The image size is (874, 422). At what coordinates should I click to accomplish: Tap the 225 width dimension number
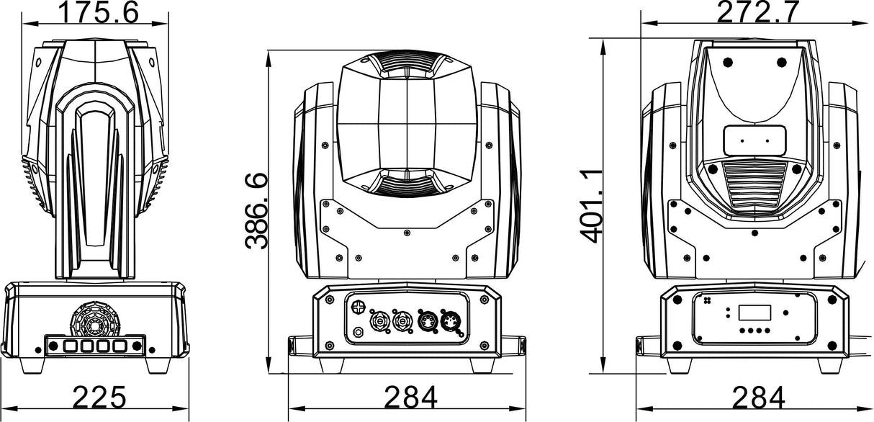click(x=99, y=397)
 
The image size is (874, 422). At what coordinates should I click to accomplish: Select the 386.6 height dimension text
click(x=256, y=211)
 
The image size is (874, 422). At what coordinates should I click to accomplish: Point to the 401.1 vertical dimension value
click(x=591, y=206)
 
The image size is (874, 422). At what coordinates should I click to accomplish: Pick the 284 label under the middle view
click(x=411, y=397)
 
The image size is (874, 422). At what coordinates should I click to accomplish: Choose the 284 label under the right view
click(x=758, y=397)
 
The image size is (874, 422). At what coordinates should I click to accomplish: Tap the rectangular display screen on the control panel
click(x=754, y=313)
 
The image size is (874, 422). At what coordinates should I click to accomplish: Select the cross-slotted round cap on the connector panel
click(x=358, y=307)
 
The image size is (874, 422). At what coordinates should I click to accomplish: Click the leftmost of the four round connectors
click(x=379, y=321)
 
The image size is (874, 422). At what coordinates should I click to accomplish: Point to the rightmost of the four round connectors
click(x=451, y=321)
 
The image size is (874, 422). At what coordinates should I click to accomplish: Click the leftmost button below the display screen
click(x=742, y=331)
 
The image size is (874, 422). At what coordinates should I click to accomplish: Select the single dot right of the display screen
click(x=785, y=313)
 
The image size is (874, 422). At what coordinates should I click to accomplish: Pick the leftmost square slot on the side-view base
click(x=71, y=346)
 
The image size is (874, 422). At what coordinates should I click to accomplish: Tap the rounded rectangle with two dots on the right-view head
click(x=754, y=140)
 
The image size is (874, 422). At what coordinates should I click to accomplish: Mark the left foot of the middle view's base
click(x=332, y=365)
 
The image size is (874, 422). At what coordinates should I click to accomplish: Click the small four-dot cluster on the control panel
click(x=707, y=300)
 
